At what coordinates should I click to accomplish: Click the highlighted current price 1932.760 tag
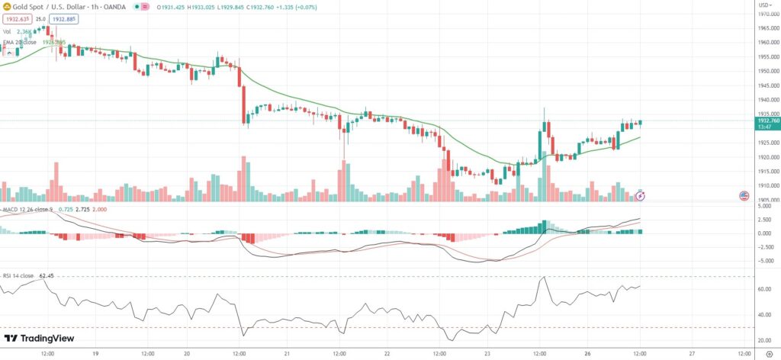click(767, 121)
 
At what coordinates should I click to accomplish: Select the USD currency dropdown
click(764, 5)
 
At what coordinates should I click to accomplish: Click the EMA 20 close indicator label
click(20, 42)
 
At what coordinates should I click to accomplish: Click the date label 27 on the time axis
click(691, 354)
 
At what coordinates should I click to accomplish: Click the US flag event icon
click(743, 196)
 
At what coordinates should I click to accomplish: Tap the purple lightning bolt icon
click(640, 196)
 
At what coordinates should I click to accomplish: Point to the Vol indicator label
click(8, 31)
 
